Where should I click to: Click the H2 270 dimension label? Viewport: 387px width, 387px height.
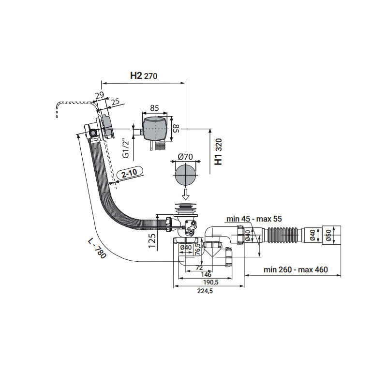[144, 75]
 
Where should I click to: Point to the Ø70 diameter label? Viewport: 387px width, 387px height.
[185, 157]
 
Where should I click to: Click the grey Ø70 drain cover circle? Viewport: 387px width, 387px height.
[185, 175]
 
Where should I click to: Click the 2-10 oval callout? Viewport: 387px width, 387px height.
[128, 173]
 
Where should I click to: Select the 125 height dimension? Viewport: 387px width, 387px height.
[151, 240]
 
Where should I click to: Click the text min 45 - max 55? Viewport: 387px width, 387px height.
[254, 219]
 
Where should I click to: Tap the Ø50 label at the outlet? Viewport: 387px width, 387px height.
[327, 236]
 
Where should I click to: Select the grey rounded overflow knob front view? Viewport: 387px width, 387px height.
[155, 128]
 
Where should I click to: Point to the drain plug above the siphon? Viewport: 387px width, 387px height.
[185, 209]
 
